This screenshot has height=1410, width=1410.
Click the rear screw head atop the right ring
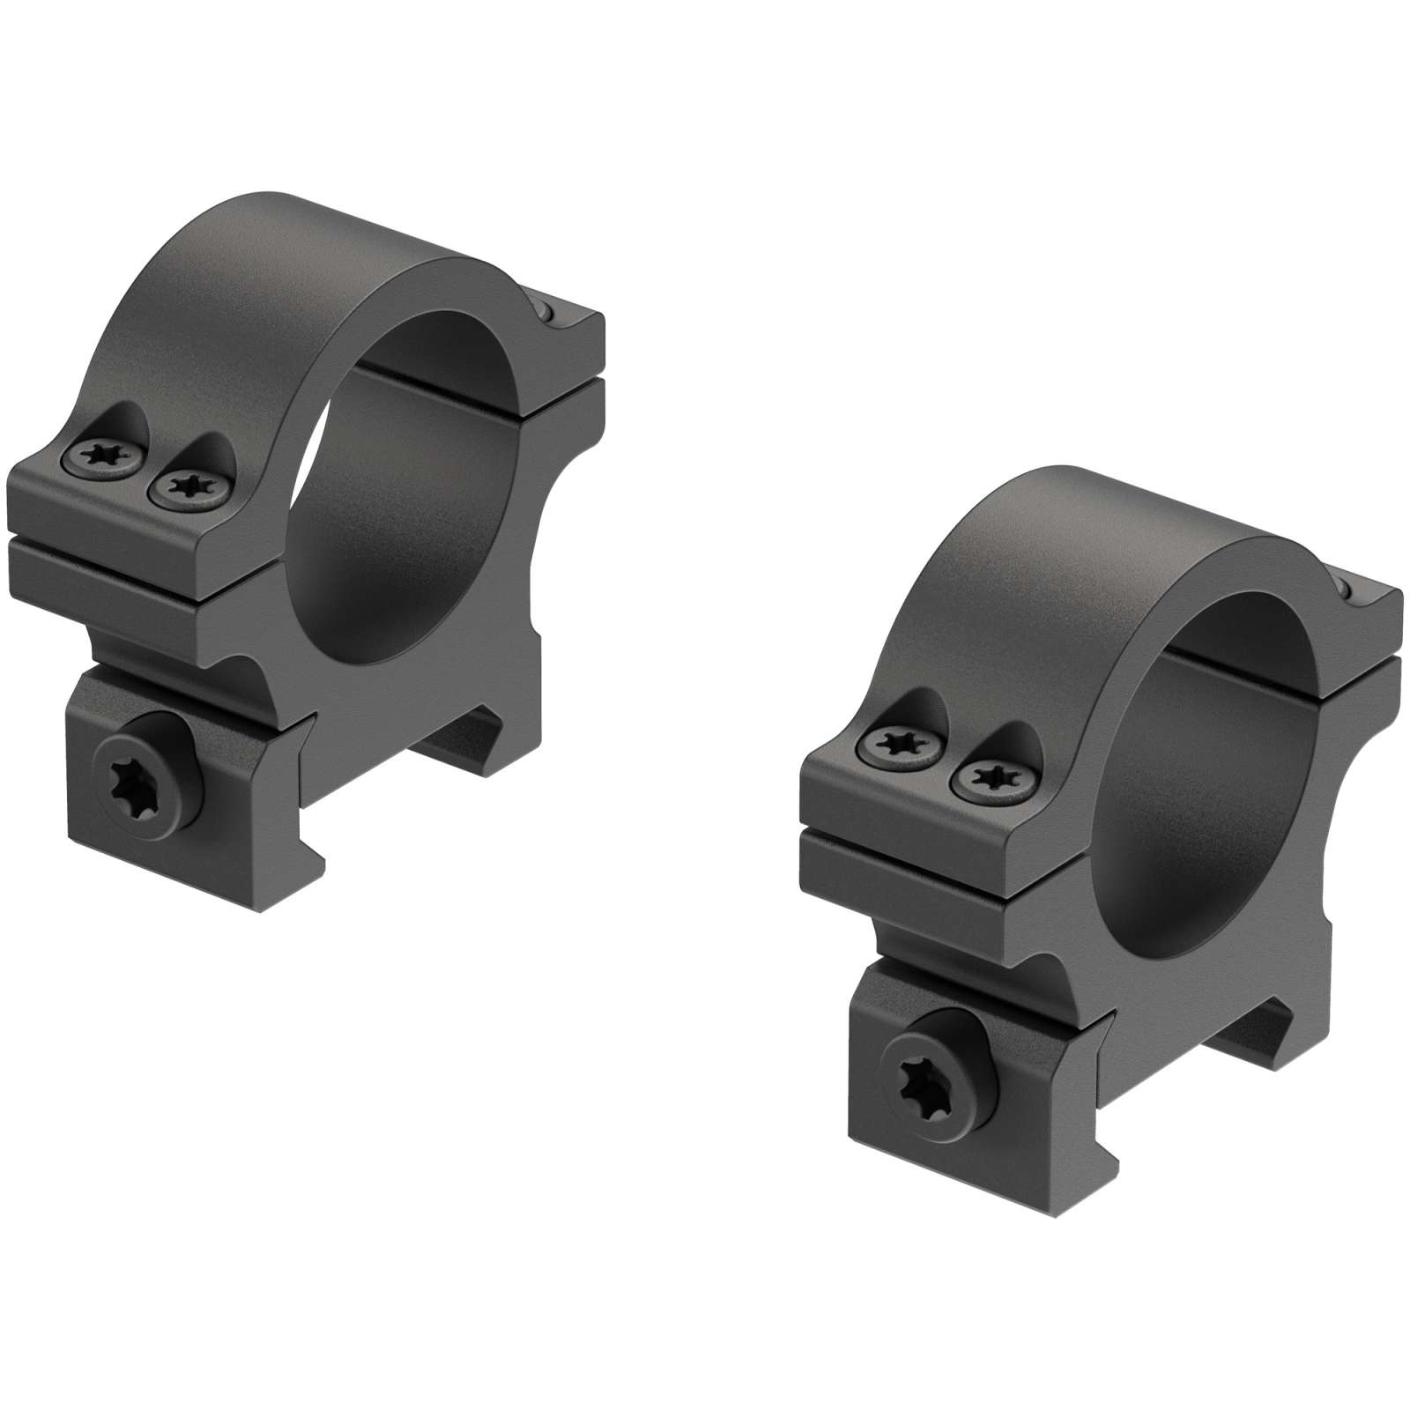(x=1346, y=589)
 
